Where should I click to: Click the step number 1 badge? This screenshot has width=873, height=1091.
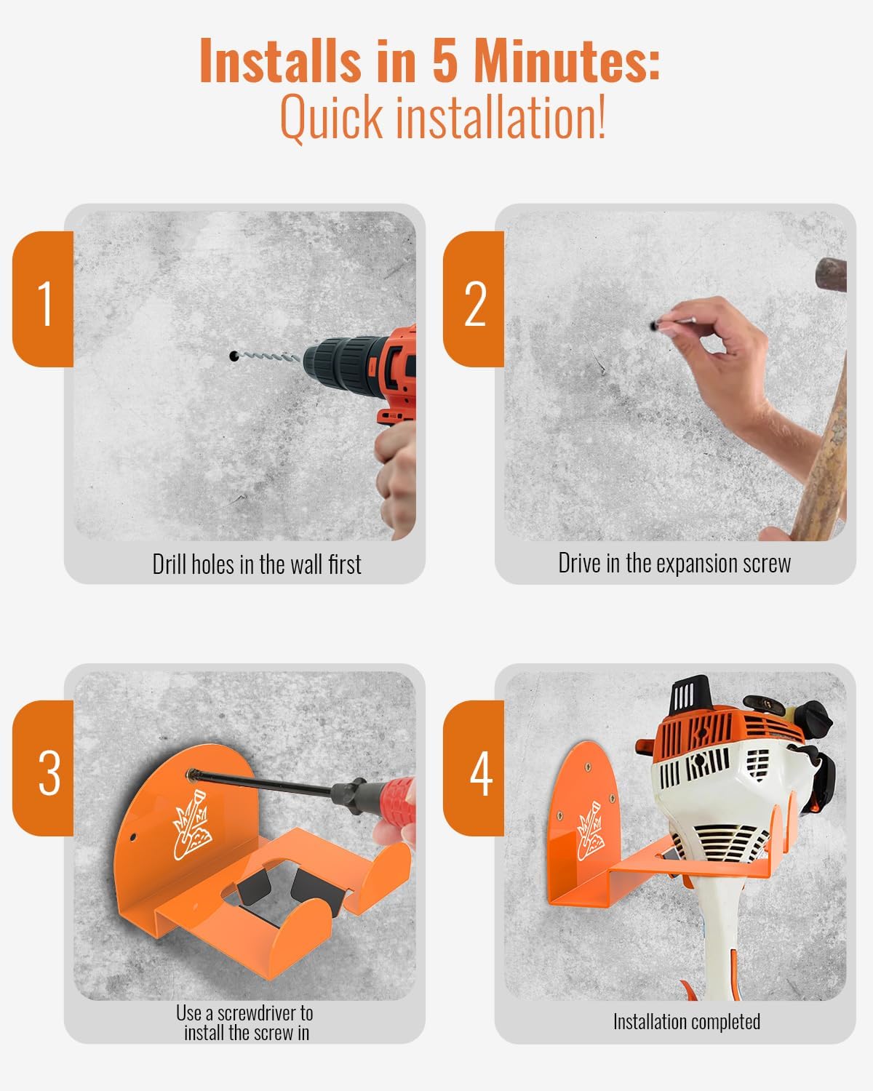[x=44, y=300]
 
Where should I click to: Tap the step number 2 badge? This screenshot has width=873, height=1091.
[x=474, y=300]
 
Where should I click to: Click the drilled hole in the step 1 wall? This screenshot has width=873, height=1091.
[x=233, y=356]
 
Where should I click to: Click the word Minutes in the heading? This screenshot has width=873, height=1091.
[x=566, y=62]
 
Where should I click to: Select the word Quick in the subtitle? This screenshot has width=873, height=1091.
[x=330, y=118]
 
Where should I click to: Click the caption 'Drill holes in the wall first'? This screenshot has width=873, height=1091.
[x=256, y=564]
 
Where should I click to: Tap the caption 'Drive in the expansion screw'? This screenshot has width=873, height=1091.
[x=674, y=564]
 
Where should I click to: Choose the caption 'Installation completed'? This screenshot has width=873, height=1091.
[x=686, y=1022]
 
